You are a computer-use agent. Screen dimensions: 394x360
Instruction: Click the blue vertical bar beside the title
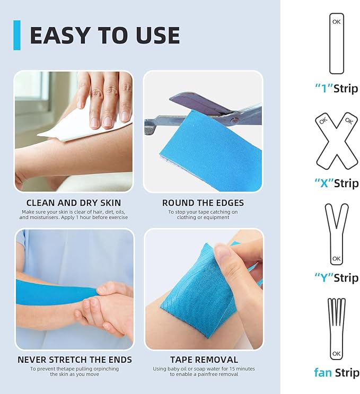pyautogui.click(x=17, y=35)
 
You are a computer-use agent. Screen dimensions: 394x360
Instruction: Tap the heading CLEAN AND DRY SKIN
pyautogui.click(x=74, y=203)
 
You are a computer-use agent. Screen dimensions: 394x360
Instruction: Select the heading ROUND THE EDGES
pyautogui.click(x=203, y=203)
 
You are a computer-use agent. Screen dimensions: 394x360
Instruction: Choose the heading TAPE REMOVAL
pyautogui.click(x=204, y=360)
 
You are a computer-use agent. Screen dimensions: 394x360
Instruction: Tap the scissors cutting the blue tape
pyautogui.click(x=212, y=109)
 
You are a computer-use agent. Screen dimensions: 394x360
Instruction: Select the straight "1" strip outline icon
pyautogui.click(x=336, y=43)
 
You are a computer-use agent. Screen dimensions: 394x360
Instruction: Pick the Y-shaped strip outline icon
pyautogui.click(x=336, y=233)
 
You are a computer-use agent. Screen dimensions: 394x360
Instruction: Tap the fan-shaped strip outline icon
pyautogui.click(x=336, y=329)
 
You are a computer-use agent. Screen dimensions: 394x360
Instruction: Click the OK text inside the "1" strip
pyautogui.click(x=336, y=22)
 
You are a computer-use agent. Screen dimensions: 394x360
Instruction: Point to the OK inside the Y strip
pyautogui.click(x=336, y=259)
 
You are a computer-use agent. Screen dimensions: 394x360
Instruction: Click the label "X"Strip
pyautogui.click(x=336, y=183)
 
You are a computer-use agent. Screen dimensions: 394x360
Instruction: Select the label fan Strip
pyautogui.click(x=336, y=372)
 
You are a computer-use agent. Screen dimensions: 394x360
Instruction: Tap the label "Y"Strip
pyautogui.click(x=336, y=278)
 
